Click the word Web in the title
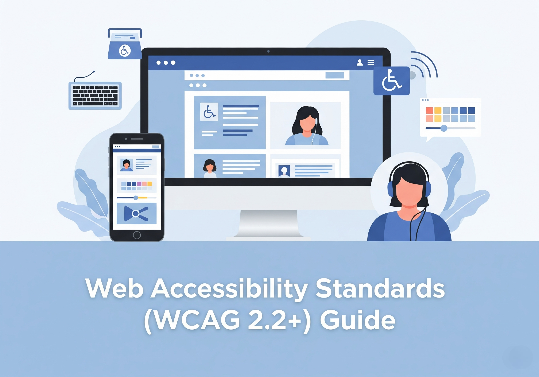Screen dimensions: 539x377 (114, 288)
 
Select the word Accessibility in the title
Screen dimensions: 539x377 (229, 288)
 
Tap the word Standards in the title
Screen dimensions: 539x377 (380, 288)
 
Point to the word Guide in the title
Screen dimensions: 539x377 (357, 320)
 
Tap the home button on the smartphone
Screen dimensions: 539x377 (136, 235)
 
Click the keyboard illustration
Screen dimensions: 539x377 (95, 95)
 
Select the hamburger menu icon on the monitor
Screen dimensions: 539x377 (371, 62)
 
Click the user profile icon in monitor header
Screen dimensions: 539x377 (360, 62)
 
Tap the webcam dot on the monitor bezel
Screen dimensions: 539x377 (269, 51)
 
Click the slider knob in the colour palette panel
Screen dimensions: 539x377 (444, 128)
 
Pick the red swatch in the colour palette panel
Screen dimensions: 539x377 (429, 110)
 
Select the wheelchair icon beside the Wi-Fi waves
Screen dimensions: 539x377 (392, 81)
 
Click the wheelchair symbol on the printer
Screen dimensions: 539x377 (124, 51)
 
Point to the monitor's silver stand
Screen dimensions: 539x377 (268, 223)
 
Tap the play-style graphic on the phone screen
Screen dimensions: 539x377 (136, 213)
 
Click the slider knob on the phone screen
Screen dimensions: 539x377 (136, 198)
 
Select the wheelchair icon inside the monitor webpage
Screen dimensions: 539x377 (209, 112)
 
